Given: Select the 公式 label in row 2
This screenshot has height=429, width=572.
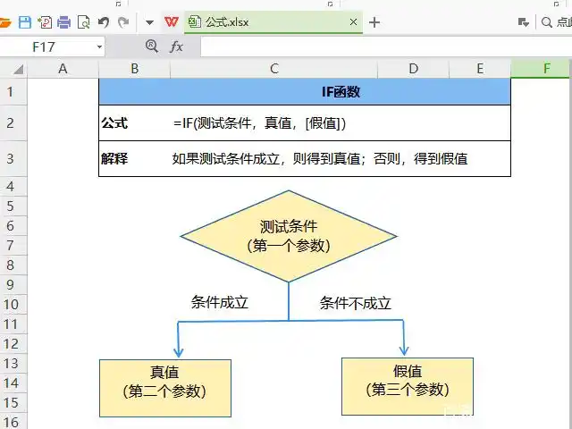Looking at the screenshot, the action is click(114, 122).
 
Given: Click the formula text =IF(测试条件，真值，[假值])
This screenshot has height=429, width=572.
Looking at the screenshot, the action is click(260, 123).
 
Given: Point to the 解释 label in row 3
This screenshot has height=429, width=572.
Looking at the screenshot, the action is click(114, 159).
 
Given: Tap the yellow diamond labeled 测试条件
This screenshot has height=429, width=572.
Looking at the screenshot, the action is click(289, 236).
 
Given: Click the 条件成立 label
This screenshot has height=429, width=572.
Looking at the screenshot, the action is click(219, 302).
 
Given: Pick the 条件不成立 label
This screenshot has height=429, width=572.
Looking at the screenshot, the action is click(356, 303).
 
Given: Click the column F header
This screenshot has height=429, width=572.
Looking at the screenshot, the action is click(545, 69).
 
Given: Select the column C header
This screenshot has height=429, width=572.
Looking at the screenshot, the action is click(273, 69).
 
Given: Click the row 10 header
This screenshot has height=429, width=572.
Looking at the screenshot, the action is click(11, 304).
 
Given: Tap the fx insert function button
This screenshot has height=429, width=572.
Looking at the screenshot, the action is click(176, 46).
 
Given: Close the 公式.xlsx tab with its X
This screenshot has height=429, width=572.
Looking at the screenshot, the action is click(354, 22).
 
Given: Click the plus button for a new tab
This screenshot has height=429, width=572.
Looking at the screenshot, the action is click(374, 22).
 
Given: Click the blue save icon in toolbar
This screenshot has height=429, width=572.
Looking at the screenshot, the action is click(25, 22).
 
